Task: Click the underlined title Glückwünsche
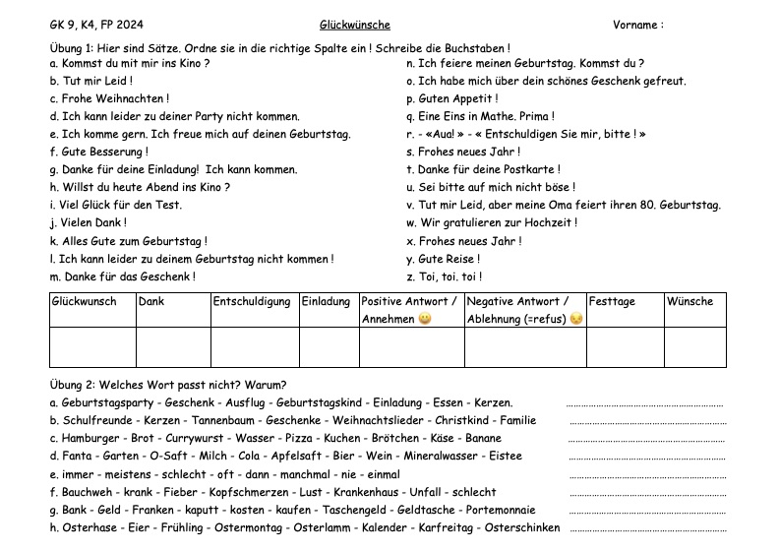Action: [x=354, y=25]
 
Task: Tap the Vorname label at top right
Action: [x=637, y=25]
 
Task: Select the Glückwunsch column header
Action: [x=84, y=302]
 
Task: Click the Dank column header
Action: [x=151, y=302]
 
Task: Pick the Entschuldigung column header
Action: [x=252, y=302]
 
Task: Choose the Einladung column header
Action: [x=326, y=302]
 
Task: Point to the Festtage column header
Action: [x=612, y=302]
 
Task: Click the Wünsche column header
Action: [x=689, y=302]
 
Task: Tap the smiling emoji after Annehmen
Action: [x=425, y=319]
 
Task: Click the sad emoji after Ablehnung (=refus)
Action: [x=576, y=319]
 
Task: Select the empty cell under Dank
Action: [x=173, y=347]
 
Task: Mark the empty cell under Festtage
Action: [x=625, y=347]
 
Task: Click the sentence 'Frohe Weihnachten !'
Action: [x=109, y=99]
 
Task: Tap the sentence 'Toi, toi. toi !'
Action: [x=445, y=276]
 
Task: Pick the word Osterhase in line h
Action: [x=86, y=527]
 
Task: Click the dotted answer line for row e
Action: [x=648, y=475]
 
